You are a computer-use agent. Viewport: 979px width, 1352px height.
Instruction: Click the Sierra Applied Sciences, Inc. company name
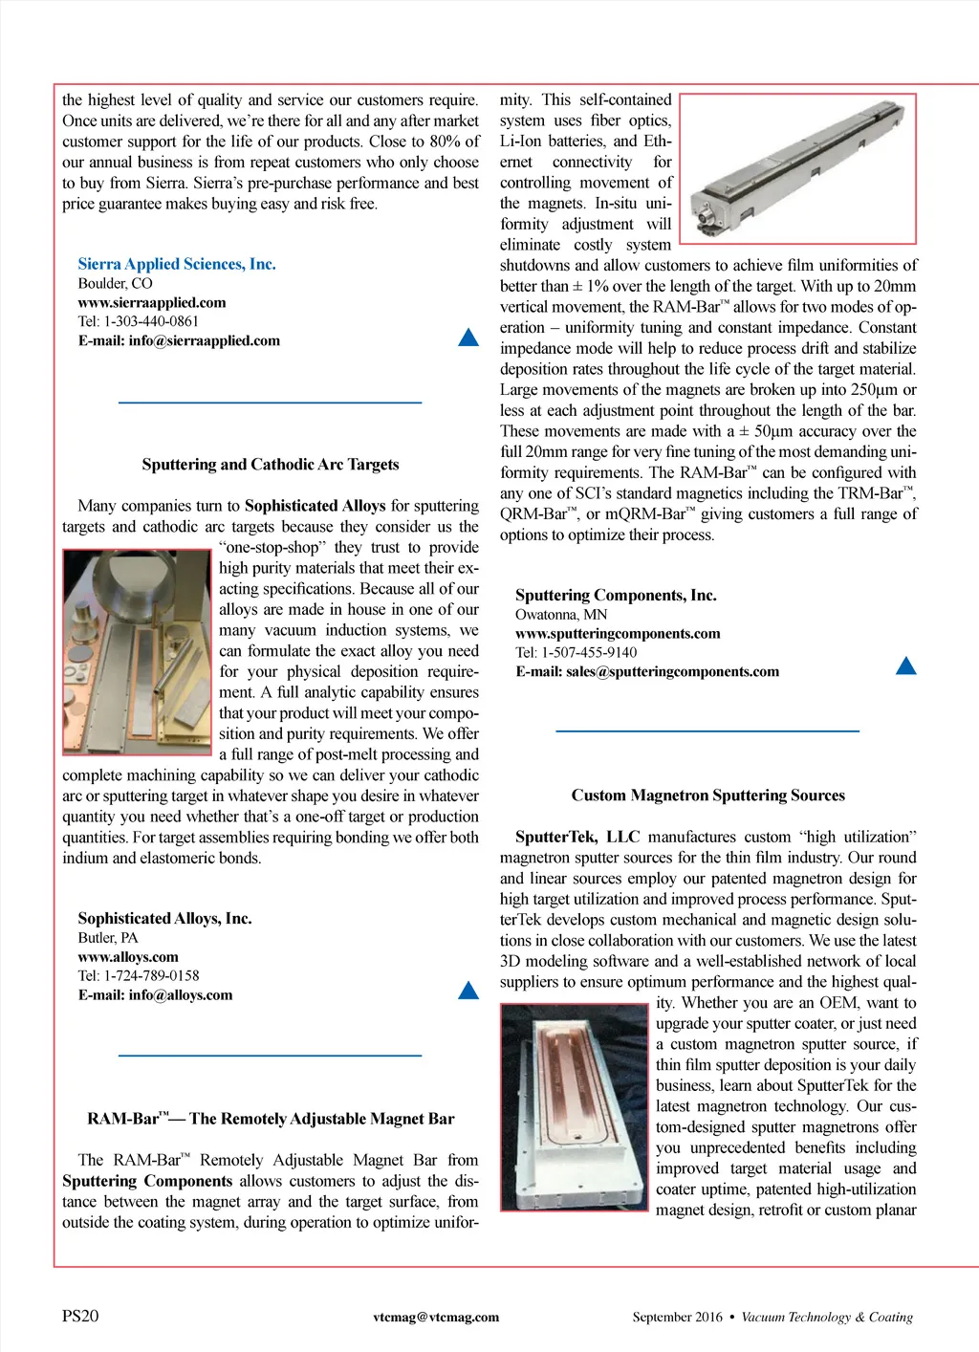[177, 264]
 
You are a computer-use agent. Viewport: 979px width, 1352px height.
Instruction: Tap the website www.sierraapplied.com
[152, 302]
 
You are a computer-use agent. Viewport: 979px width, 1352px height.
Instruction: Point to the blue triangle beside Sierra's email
[468, 338]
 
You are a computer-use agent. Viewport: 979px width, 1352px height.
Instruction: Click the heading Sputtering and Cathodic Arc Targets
[271, 465]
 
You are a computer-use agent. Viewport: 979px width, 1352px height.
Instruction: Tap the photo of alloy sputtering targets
[137, 651]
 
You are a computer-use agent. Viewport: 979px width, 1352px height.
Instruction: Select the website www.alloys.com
[128, 956]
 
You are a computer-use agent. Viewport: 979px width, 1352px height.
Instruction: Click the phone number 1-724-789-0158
[151, 975]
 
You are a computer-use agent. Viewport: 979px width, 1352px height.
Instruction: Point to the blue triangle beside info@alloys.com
[468, 991]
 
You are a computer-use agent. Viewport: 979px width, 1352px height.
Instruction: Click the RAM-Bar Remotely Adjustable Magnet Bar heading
[271, 1119]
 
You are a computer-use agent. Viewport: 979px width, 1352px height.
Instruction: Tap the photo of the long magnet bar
[797, 168]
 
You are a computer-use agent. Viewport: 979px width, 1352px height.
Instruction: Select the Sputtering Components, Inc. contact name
[616, 595]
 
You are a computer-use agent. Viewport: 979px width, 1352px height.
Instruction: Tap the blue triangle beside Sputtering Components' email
[905, 666]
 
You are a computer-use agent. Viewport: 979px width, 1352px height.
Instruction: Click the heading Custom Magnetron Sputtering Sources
[708, 796]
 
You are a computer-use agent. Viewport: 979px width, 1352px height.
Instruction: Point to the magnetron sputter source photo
[575, 1106]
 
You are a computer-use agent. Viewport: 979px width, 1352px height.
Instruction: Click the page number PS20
[80, 1316]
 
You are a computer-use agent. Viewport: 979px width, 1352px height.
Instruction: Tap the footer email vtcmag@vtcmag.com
[436, 1317]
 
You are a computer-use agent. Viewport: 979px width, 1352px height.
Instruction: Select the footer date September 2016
[677, 1317]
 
